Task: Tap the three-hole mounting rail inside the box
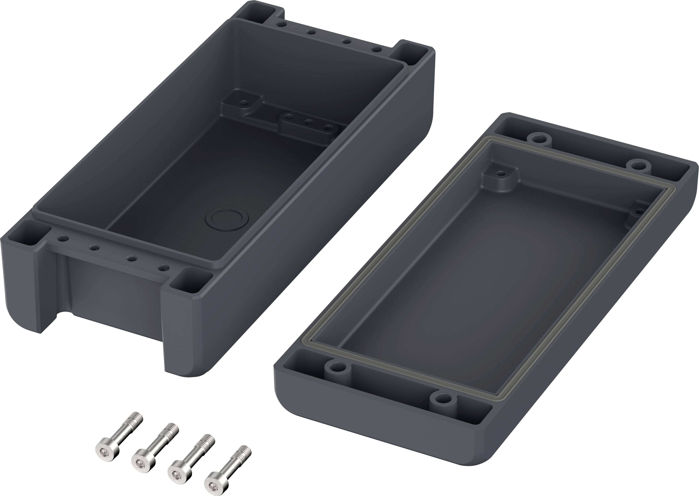(x=309, y=123)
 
